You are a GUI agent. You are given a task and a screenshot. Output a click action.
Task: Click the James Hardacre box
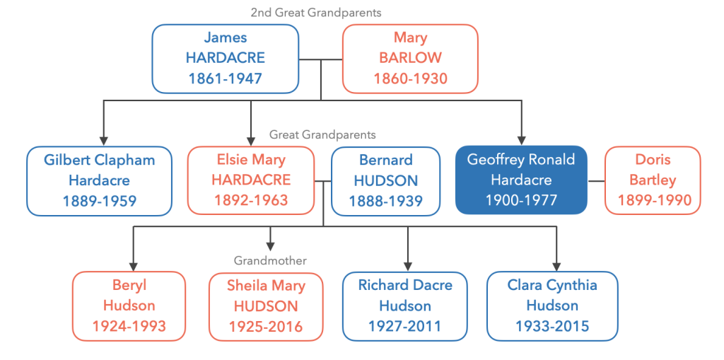click(x=226, y=59)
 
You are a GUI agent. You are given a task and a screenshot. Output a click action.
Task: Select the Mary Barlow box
click(x=410, y=59)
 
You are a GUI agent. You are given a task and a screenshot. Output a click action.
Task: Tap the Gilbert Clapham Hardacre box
click(x=99, y=180)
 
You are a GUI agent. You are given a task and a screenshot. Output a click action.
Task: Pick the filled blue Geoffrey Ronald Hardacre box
click(x=521, y=180)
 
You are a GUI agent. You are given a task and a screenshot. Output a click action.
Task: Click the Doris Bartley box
click(x=653, y=180)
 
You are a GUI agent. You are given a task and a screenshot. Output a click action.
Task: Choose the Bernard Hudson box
click(x=385, y=180)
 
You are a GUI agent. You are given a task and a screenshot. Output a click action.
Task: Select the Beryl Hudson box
click(x=129, y=306)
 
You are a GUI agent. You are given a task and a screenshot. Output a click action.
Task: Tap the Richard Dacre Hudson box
click(x=405, y=306)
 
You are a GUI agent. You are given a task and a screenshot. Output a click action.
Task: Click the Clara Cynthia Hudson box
click(x=552, y=306)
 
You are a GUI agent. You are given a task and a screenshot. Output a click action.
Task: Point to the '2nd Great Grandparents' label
click(x=316, y=13)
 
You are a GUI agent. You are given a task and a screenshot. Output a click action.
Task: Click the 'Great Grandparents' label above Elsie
click(x=322, y=135)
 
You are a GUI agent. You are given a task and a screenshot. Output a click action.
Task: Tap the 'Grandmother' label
click(x=270, y=261)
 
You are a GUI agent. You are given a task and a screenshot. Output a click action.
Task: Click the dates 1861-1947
click(x=226, y=78)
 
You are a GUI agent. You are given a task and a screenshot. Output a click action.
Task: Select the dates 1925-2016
click(x=266, y=326)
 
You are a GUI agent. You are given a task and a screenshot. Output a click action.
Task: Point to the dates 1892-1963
click(x=251, y=200)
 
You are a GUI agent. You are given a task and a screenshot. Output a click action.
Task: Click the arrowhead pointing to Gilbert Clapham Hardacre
click(x=104, y=140)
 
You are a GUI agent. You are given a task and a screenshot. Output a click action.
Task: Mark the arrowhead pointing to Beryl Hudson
click(x=134, y=266)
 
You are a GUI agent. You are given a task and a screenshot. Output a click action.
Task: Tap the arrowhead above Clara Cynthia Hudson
click(x=557, y=266)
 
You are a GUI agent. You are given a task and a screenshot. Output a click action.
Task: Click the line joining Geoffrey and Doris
click(x=595, y=180)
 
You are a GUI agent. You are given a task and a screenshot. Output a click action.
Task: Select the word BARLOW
click(x=410, y=58)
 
